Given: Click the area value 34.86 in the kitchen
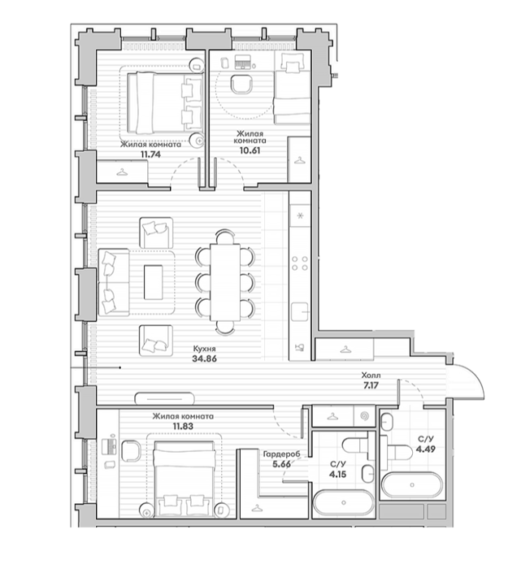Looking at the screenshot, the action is tap(204, 359).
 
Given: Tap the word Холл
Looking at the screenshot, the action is tap(371, 376).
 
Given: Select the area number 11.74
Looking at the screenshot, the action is tap(150, 154).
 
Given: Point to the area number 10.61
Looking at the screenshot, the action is tap(250, 150).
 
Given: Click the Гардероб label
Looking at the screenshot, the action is tap(281, 454).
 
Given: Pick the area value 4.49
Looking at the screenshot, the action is tap(426, 450).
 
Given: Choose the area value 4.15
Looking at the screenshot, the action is tap(338, 474).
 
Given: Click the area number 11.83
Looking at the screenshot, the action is tap(183, 426).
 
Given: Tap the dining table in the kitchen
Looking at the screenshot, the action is tap(225, 282).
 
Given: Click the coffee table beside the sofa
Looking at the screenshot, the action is tap(153, 282).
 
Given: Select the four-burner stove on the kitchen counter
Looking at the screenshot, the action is tap(300, 263).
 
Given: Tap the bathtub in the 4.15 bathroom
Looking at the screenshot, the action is tap(343, 502).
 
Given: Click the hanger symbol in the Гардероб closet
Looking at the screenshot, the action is tap(257, 508).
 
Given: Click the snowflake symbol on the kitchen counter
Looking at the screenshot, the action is tap(300, 216).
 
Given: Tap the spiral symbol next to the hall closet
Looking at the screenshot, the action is tap(364, 416).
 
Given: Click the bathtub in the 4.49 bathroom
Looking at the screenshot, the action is tap(412, 484).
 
